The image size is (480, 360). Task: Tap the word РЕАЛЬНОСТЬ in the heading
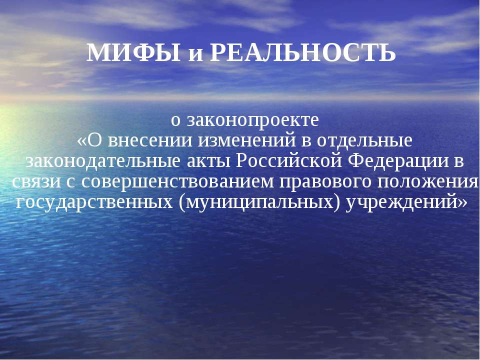coord(303,53)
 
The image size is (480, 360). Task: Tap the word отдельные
coord(364,140)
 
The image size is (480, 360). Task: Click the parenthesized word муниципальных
coord(259,202)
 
